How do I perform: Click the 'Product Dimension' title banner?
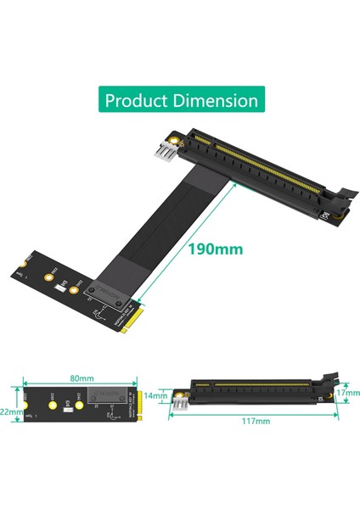(180, 100)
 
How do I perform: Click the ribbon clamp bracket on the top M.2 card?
(115, 297)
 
